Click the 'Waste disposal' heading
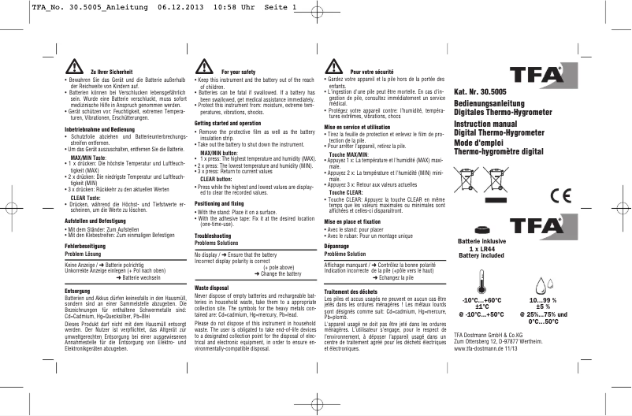point(210,288)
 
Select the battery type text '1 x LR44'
point(481,249)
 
